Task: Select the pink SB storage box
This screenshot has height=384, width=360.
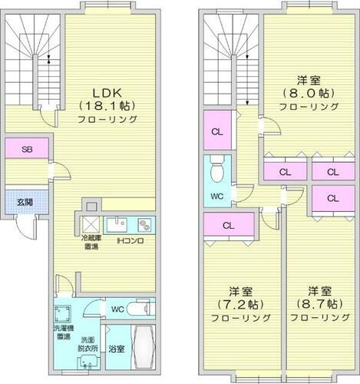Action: (26, 149)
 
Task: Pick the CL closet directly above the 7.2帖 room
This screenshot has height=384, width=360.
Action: (228, 226)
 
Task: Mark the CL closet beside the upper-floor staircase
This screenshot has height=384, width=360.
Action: (217, 131)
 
